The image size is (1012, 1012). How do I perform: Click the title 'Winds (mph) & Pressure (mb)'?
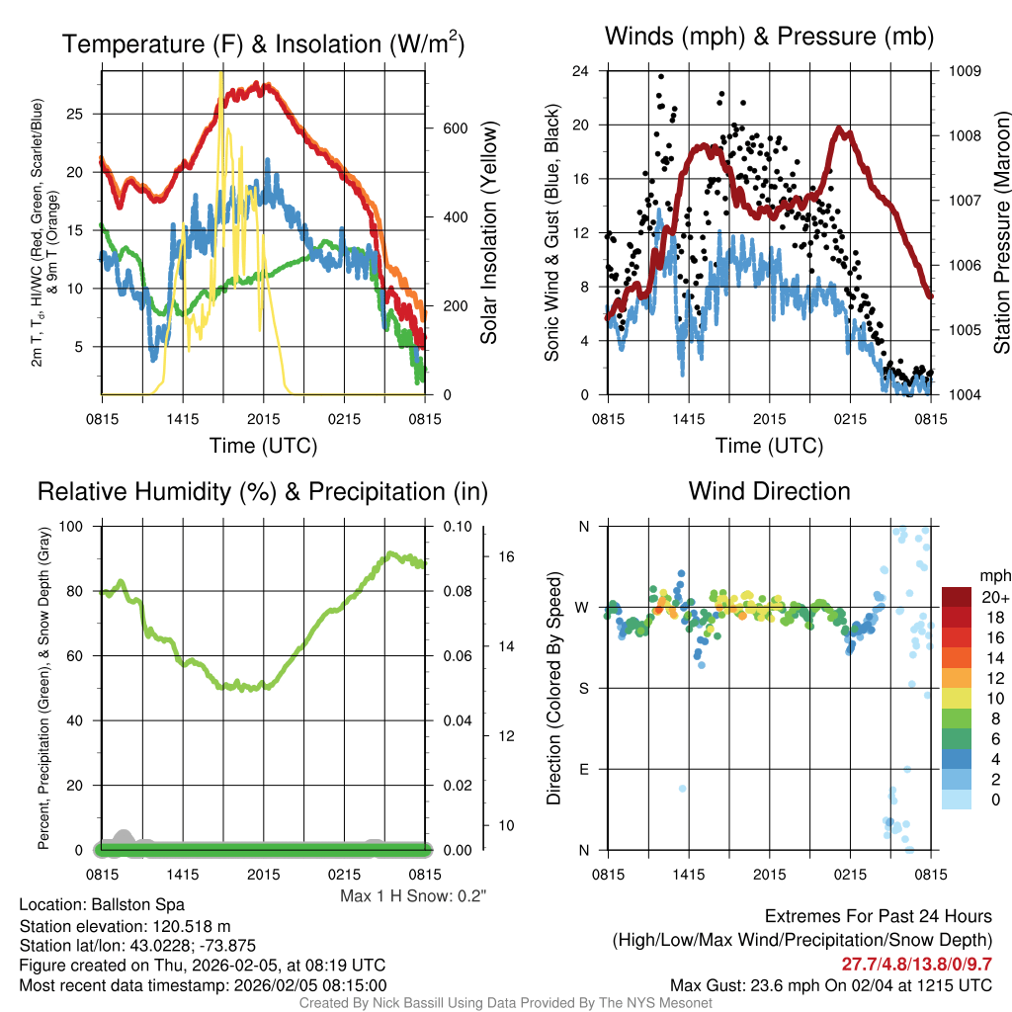(x=769, y=38)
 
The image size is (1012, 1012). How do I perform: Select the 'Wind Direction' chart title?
(x=769, y=491)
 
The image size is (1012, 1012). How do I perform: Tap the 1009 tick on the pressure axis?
(x=964, y=71)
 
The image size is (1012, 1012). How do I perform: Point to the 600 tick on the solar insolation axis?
(x=455, y=129)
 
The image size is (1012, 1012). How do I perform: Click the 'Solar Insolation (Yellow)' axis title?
(x=488, y=233)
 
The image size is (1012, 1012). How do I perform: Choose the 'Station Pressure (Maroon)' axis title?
(x=1001, y=233)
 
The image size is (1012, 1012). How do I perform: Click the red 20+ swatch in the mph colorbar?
(x=957, y=597)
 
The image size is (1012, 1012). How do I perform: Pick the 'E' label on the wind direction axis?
(x=583, y=769)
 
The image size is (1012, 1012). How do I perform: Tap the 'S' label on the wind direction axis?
(x=583, y=688)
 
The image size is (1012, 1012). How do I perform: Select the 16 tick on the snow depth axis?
(x=506, y=556)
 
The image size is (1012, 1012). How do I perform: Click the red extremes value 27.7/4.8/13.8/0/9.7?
(x=916, y=964)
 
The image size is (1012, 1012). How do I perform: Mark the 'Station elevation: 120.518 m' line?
(x=125, y=925)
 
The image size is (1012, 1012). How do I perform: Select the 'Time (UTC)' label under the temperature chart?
(x=263, y=446)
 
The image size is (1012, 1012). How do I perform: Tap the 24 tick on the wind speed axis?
(x=581, y=71)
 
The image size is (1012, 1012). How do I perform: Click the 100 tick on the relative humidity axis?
(x=73, y=526)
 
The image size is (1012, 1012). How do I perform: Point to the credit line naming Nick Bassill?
(x=506, y=1003)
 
